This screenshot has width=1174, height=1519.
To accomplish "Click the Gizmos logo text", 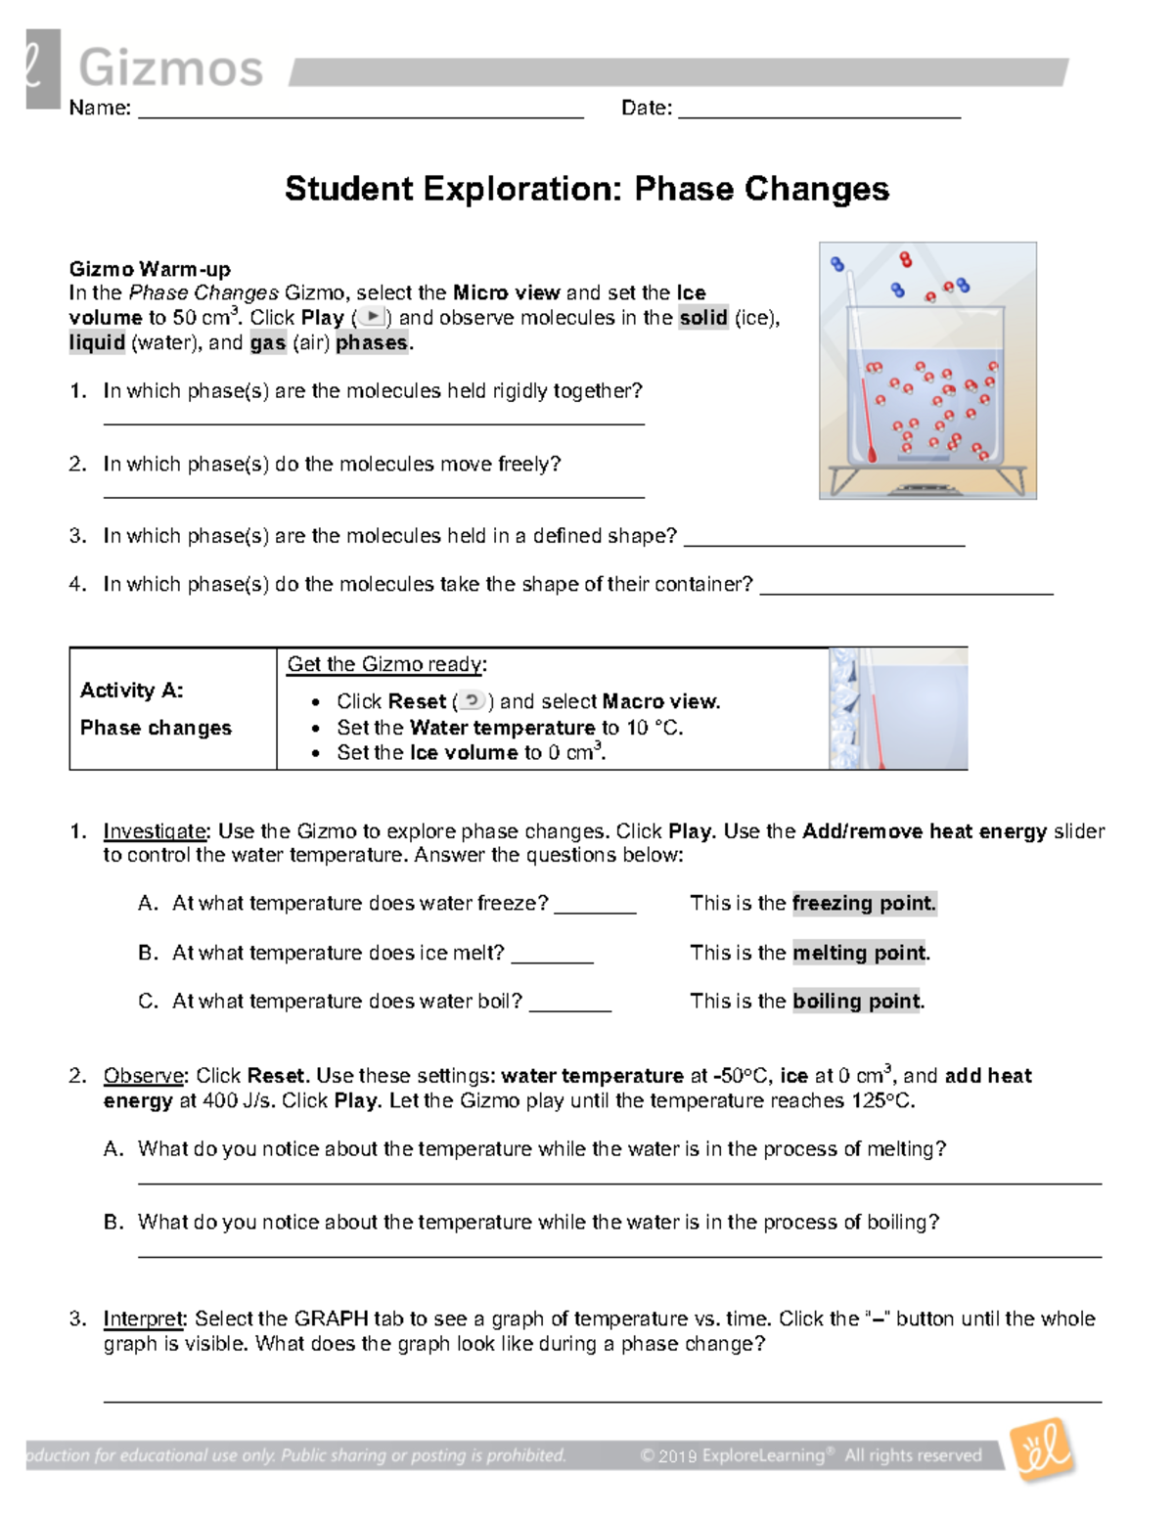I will (170, 68).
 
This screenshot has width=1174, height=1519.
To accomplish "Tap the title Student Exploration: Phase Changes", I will (586, 189).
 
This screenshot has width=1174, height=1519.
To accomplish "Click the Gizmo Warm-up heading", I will (150, 269).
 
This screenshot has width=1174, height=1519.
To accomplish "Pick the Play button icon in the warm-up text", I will (372, 317).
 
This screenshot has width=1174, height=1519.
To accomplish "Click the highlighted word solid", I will (702, 318).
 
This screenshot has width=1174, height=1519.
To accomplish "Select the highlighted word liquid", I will (97, 342).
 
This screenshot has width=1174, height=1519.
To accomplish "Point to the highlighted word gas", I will (267, 342).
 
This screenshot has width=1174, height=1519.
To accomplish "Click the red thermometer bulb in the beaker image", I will (872, 452).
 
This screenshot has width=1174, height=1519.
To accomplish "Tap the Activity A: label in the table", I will (131, 691).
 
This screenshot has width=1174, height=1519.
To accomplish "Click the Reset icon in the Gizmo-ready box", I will (473, 700).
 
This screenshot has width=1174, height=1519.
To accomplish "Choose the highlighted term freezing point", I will (863, 903).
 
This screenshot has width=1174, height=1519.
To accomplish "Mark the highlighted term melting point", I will (858, 953).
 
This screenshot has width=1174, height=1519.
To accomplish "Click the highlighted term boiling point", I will (856, 1001).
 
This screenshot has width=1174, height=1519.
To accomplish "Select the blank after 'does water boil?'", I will (569, 1006).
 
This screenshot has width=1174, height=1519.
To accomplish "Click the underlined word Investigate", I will (155, 831).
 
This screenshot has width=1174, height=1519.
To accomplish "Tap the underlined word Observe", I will (143, 1076).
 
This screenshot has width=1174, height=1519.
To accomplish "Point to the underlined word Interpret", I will (143, 1318).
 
